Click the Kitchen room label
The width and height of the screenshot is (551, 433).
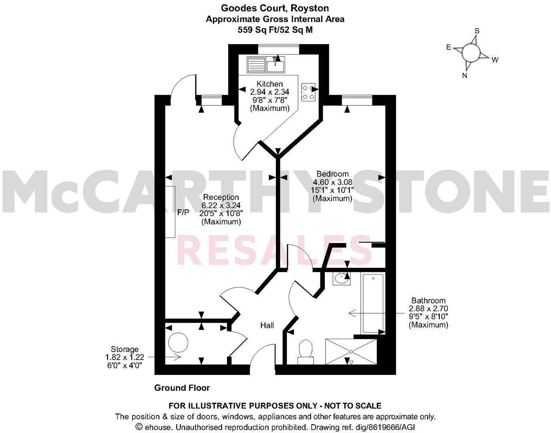pyautogui.click(x=269, y=84)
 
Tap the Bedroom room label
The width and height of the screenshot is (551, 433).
pyautogui.click(x=332, y=174)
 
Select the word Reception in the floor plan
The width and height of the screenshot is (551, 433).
pyautogui.click(x=221, y=197)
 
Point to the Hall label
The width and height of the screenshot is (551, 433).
pyautogui.click(x=267, y=325)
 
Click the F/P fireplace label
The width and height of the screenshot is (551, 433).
pyautogui.click(x=183, y=212)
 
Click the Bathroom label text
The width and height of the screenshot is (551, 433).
pyautogui.click(x=428, y=301)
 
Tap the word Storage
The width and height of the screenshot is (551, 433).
pyautogui.click(x=125, y=349)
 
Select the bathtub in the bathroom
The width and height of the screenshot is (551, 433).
pyautogui.click(x=373, y=303)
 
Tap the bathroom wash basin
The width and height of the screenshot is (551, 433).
pyautogui.click(x=341, y=278)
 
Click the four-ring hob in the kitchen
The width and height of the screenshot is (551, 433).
pyautogui.click(x=308, y=92)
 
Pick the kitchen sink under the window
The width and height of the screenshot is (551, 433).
pyautogui.click(x=266, y=64)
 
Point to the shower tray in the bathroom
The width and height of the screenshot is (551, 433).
pyautogui.click(x=351, y=352)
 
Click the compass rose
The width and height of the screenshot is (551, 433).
pyautogui.click(x=471, y=53)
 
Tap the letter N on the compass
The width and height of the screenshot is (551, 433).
pyautogui.click(x=465, y=75)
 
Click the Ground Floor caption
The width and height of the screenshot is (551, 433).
pyautogui.click(x=182, y=388)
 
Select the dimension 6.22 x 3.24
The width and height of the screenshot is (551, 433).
pyautogui.click(x=221, y=205)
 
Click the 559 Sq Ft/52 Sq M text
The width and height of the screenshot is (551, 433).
pyautogui.click(x=275, y=29)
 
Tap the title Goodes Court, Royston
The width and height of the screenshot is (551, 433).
pyautogui.click(x=275, y=8)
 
